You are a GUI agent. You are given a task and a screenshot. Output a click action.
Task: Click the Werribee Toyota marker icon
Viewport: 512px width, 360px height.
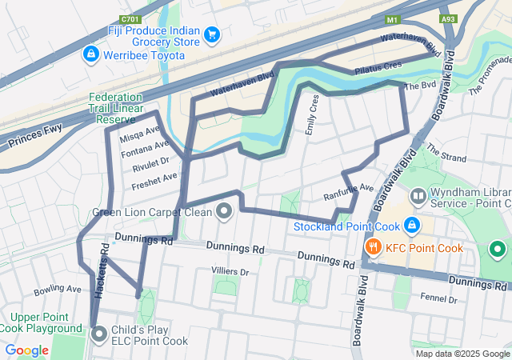click(90, 54)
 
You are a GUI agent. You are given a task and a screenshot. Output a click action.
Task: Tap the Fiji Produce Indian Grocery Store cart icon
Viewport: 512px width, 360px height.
click(212, 34)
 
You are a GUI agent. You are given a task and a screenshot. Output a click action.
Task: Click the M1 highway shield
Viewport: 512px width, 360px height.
click(392, 18)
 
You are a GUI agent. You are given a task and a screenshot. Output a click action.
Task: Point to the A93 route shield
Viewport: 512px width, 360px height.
click(450, 18)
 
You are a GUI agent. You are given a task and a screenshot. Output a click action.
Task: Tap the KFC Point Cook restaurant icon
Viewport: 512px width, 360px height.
click(371, 247)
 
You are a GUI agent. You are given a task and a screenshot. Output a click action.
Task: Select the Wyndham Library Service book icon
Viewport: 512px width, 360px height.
click(418, 196)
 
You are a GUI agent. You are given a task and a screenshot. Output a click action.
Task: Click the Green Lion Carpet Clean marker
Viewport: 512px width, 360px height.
click(224, 212)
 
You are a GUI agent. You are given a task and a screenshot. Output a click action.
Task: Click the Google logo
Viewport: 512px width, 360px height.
click(27, 350)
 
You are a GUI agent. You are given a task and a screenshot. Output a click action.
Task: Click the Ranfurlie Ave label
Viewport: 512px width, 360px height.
click(349, 192)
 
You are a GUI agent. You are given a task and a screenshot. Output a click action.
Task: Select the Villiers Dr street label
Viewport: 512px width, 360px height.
click(230, 272)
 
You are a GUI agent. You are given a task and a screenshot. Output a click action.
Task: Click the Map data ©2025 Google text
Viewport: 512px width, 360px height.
click(462, 354)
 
